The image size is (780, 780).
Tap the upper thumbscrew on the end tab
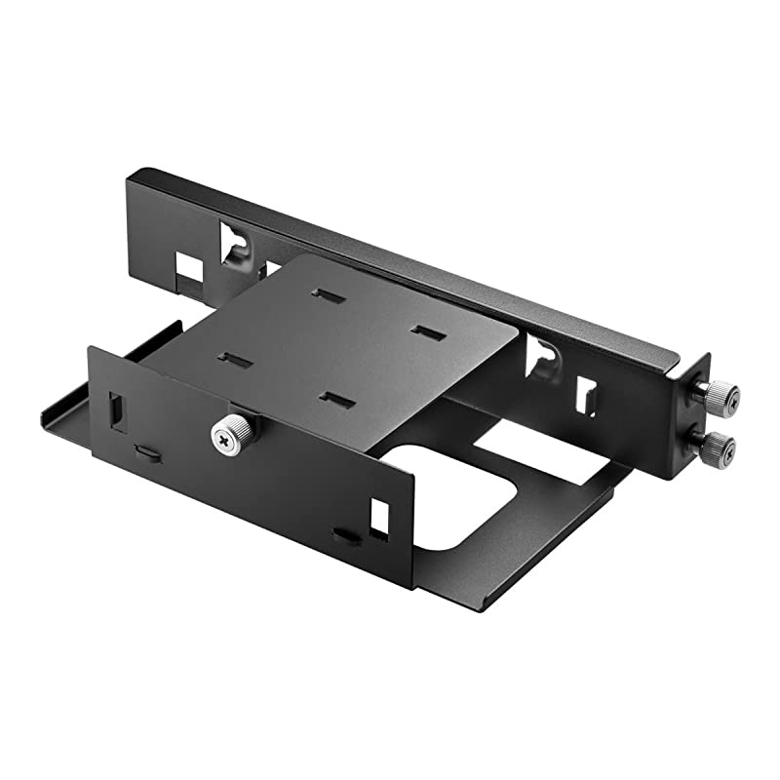click(719, 393)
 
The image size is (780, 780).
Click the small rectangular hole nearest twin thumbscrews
click(588, 395)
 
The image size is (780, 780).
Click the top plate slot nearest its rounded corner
click(428, 333)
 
